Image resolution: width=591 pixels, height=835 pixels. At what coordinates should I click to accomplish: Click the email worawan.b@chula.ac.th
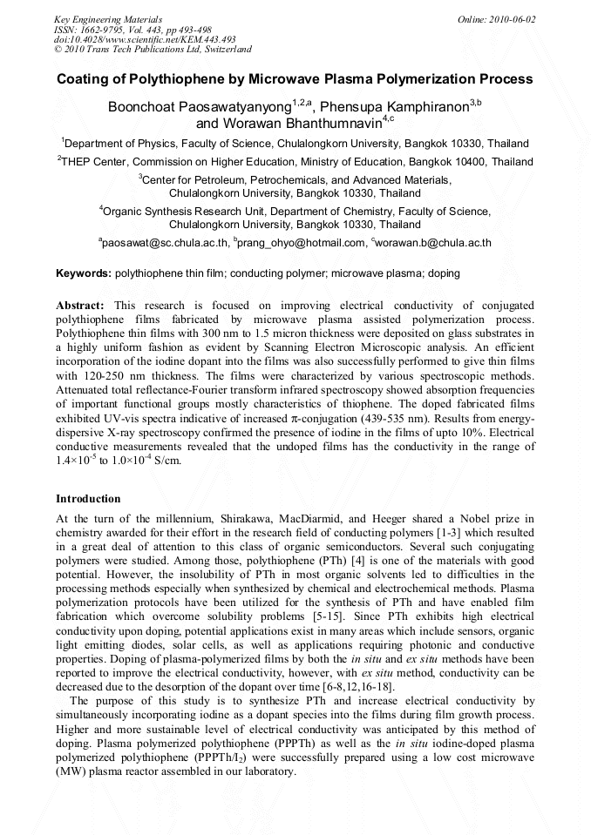tap(433, 244)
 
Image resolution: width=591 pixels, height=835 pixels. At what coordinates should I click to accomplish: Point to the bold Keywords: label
tap(84, 273)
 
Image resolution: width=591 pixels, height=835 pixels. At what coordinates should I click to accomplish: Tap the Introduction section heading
tap(88, 499)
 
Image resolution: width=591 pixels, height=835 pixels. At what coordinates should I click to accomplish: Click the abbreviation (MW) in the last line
tap(71, 771)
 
